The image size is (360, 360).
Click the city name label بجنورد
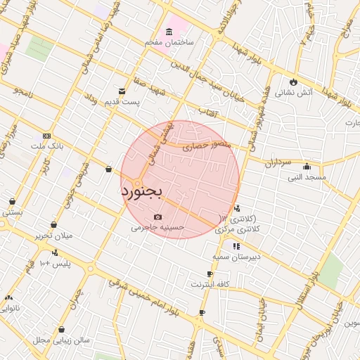pos(142,191)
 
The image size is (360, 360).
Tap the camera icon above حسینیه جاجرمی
pos(157,217)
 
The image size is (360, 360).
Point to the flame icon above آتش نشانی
pos(293,82)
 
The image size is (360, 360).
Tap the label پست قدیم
pos(123,102)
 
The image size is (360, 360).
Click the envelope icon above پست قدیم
pos(122,91)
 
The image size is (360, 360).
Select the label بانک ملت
pos(46,146)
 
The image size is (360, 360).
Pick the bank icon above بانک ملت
pos(46,136)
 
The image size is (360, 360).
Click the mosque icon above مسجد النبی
pos(307,167)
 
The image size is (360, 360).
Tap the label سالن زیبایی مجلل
pos(61,340)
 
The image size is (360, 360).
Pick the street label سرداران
pos(278,162)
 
